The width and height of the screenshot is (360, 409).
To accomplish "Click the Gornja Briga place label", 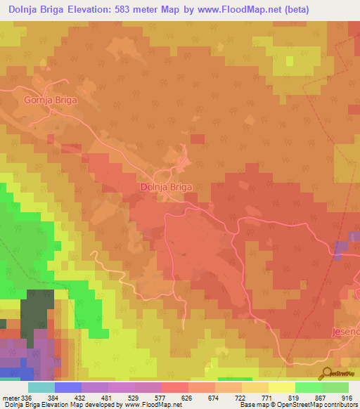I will tap(50, 100).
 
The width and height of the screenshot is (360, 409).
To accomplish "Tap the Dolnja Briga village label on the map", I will tap(167, 188).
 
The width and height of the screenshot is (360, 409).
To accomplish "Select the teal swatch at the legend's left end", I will tap(41, 388).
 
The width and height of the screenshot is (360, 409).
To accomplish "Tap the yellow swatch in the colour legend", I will tap(281, 388).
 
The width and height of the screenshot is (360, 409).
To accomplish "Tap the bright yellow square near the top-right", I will tap(289, 60).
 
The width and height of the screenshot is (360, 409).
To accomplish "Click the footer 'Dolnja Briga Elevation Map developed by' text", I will tap(61, 405).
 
